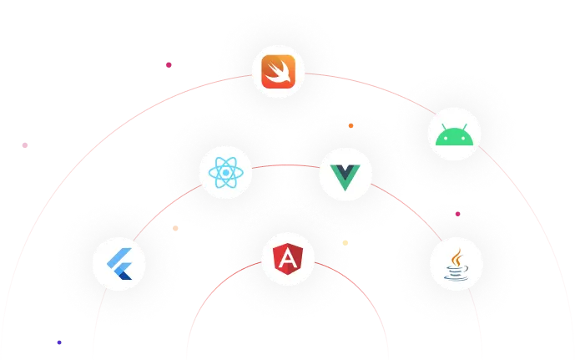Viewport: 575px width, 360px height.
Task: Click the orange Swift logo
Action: click(280, 73)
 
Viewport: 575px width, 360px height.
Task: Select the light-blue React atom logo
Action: click(226, 174)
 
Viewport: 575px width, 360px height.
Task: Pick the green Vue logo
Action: click(345, 175)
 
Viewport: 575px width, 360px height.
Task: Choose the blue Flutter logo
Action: click(120, 263)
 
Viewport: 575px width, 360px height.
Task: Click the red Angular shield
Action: click(287, 260)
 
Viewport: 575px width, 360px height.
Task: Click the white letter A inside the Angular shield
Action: click(287, 259)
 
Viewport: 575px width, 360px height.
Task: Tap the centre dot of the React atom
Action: click(226, 174)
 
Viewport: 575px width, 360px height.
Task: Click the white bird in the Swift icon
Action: click(280, 74)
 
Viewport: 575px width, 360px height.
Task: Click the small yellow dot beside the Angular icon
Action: click(346, 243)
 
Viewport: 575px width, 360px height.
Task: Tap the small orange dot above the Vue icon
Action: click(351, 125)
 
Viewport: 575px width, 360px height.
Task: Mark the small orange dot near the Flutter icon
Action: click(174, 228)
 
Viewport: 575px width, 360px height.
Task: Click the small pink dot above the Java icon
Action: click(457, 214)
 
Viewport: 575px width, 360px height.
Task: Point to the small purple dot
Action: click(58, 342)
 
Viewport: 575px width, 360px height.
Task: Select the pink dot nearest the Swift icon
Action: click(168, 64)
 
